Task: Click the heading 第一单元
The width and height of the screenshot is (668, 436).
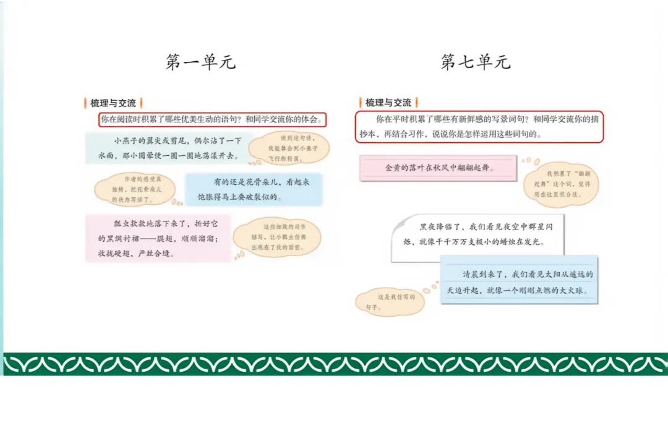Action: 201,62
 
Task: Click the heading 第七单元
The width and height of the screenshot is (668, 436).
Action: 476,62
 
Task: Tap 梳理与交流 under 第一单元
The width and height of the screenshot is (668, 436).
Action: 113,103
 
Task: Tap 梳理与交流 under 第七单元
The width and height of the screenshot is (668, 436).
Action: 388,103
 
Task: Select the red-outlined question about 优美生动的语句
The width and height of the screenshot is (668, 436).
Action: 212,119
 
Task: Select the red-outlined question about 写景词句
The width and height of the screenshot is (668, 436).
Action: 479,127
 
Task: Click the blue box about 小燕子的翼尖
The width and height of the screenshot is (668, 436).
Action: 168,148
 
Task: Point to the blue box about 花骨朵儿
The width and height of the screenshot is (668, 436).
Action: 254,189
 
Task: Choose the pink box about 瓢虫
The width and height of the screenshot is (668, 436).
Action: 157,237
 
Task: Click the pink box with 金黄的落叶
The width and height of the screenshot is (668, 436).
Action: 438,168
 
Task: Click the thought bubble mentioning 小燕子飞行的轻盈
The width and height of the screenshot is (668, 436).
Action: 289,148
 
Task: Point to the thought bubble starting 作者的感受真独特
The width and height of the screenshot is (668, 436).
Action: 130,189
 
